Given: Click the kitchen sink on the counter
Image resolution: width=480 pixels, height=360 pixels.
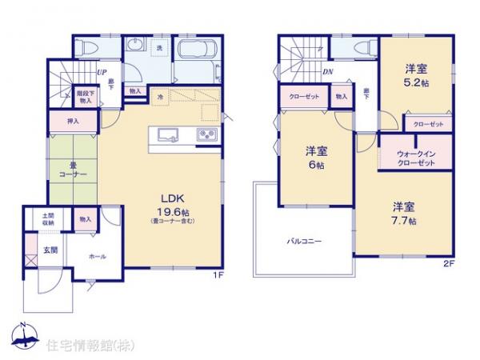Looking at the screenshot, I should click(168, 134).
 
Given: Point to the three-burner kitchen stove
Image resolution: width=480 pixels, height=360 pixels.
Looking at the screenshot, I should click(206, 134).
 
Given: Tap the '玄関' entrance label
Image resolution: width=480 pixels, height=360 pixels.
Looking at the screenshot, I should click(50, 250).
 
